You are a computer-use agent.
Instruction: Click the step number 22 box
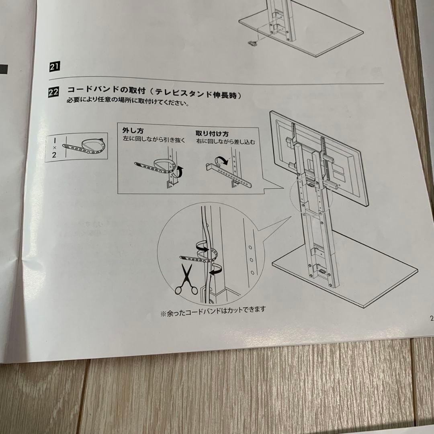[53, 92]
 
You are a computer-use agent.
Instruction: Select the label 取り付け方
[212, 133]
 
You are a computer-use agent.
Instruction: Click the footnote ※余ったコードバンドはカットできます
[213, 311]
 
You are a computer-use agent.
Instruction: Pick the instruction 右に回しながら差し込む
[226, 142]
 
